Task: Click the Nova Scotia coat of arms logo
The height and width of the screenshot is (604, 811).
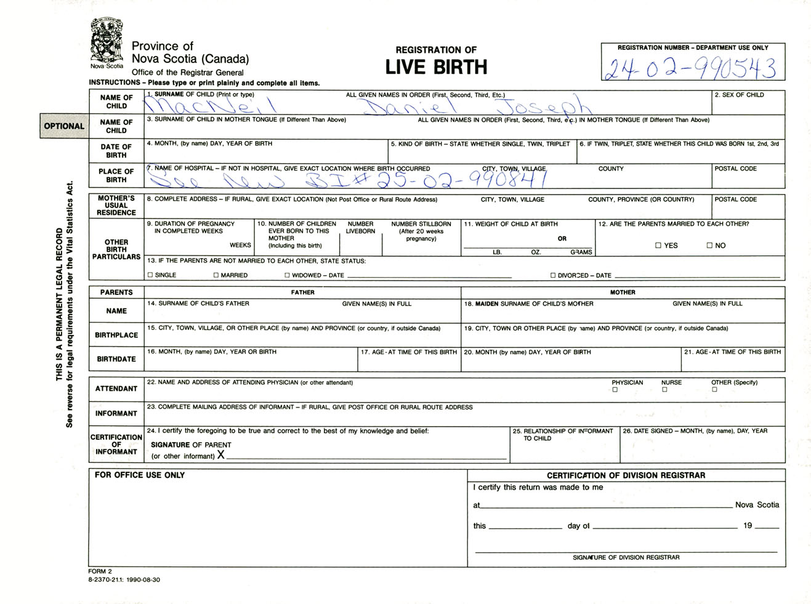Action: (x=107, y=41)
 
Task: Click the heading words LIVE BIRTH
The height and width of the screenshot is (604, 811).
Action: (x=436, y=67)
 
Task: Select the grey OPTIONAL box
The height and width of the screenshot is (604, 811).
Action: (x=64, y=126)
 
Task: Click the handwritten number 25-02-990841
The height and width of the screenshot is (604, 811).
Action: (x=462, y=179)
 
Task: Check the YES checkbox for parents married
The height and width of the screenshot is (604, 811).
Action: (x=658, y=245)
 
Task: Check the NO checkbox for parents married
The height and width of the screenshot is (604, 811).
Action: (x=709, y=245)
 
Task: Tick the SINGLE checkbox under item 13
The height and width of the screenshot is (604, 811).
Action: (x=150, y=275)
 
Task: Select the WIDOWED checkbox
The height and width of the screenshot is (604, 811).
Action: (x=287, y=275)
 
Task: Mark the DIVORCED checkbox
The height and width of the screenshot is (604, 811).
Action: (x=552, y=275)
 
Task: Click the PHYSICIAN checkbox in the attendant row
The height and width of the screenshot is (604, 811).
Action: (x=615, y=390)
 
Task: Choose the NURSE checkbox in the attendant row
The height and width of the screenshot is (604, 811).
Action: (x=664, y=390)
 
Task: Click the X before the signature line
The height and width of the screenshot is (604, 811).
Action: (x=220, y=455)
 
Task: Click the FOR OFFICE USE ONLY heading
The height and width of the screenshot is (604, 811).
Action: (x=140, y=475)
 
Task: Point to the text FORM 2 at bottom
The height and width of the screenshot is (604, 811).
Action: (x=100, y=571)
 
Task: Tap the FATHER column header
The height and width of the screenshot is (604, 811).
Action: (x=302, y=292)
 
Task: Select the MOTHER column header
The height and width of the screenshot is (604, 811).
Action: (x=623, y=292)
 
